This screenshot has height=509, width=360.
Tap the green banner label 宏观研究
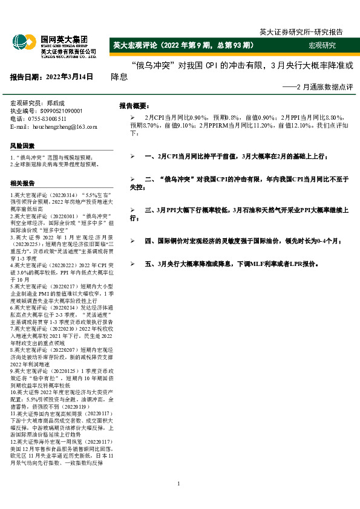point(322,45)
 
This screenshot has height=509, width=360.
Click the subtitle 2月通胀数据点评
point(321,88)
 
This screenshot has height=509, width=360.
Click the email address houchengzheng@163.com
point(62,127)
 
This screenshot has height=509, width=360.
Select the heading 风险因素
point(22,146)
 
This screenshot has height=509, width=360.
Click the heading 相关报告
point(22,183)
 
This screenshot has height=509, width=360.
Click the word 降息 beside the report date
point(119,77)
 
